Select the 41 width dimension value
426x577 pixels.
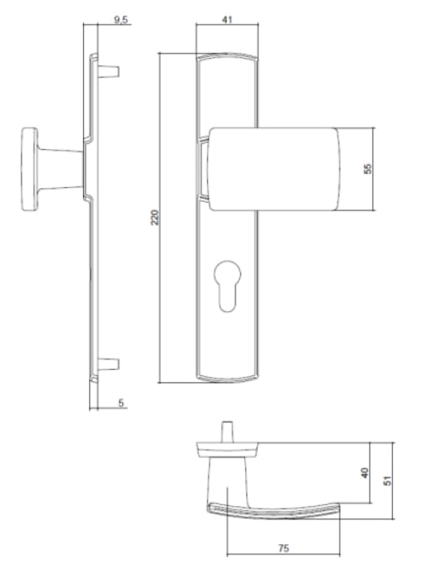[x=226, y=20]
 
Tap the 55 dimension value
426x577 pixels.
[x=367, y=169]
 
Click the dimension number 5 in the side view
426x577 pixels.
[x=122, y=403]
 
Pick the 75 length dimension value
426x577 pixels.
[x=283, y=549]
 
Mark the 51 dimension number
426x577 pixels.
[x=388, y=478]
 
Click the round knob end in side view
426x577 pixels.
[x=32, y=169]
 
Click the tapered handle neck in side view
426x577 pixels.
[x=62, y=169]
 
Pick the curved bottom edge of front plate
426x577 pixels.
[x=226, y=377]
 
